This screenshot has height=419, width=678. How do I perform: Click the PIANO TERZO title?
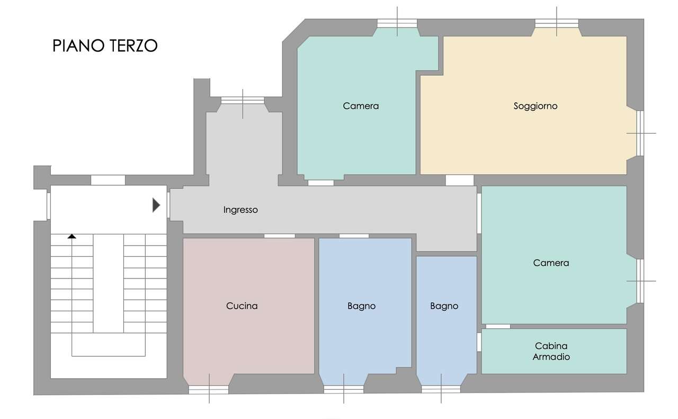(105, 46)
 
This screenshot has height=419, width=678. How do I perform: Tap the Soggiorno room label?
(536, 106)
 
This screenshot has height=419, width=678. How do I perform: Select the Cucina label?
(242, 306)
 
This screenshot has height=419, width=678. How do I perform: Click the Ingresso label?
(240, 210)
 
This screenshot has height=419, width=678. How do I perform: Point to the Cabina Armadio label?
(551, 352)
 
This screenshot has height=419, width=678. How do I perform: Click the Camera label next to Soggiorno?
(361, 106)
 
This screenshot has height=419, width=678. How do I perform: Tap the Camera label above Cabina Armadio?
(551, 263)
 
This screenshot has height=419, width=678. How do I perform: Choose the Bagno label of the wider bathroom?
(361, 306)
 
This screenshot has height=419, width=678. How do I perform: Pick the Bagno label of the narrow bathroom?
(444, 306)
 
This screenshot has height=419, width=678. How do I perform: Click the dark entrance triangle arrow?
(156, 205)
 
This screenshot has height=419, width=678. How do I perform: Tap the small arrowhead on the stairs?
(72, 236)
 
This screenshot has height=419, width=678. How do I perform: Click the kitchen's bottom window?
(209, 390)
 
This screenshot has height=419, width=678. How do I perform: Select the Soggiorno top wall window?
(557, 23)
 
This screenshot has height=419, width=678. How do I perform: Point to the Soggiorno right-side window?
(639, 134)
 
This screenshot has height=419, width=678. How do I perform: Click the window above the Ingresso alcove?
(243, 100)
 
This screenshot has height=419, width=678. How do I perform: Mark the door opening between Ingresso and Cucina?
(279, 236)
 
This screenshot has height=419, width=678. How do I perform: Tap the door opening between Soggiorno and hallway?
(459, 180)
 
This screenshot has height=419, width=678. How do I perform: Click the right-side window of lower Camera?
(640, 281)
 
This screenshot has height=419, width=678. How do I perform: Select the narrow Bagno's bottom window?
(441, 389)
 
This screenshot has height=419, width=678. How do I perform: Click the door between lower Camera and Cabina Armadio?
(498, 327)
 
